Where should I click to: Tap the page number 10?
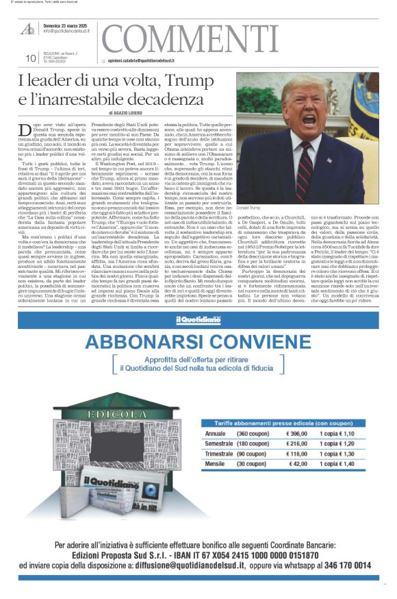click(31, 58)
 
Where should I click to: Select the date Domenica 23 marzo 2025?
click(68, 25)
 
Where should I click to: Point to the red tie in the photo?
click(304, 171)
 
